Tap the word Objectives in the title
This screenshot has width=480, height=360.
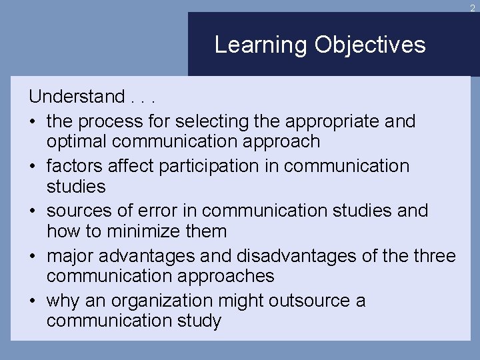(x=370, y=45)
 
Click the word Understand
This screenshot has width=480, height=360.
(x=77, y=97)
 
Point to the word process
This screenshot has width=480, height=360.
(x=109, y=121)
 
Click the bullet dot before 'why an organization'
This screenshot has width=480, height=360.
(x=32, y=301)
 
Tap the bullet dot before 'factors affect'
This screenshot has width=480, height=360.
(x=32, y=166)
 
